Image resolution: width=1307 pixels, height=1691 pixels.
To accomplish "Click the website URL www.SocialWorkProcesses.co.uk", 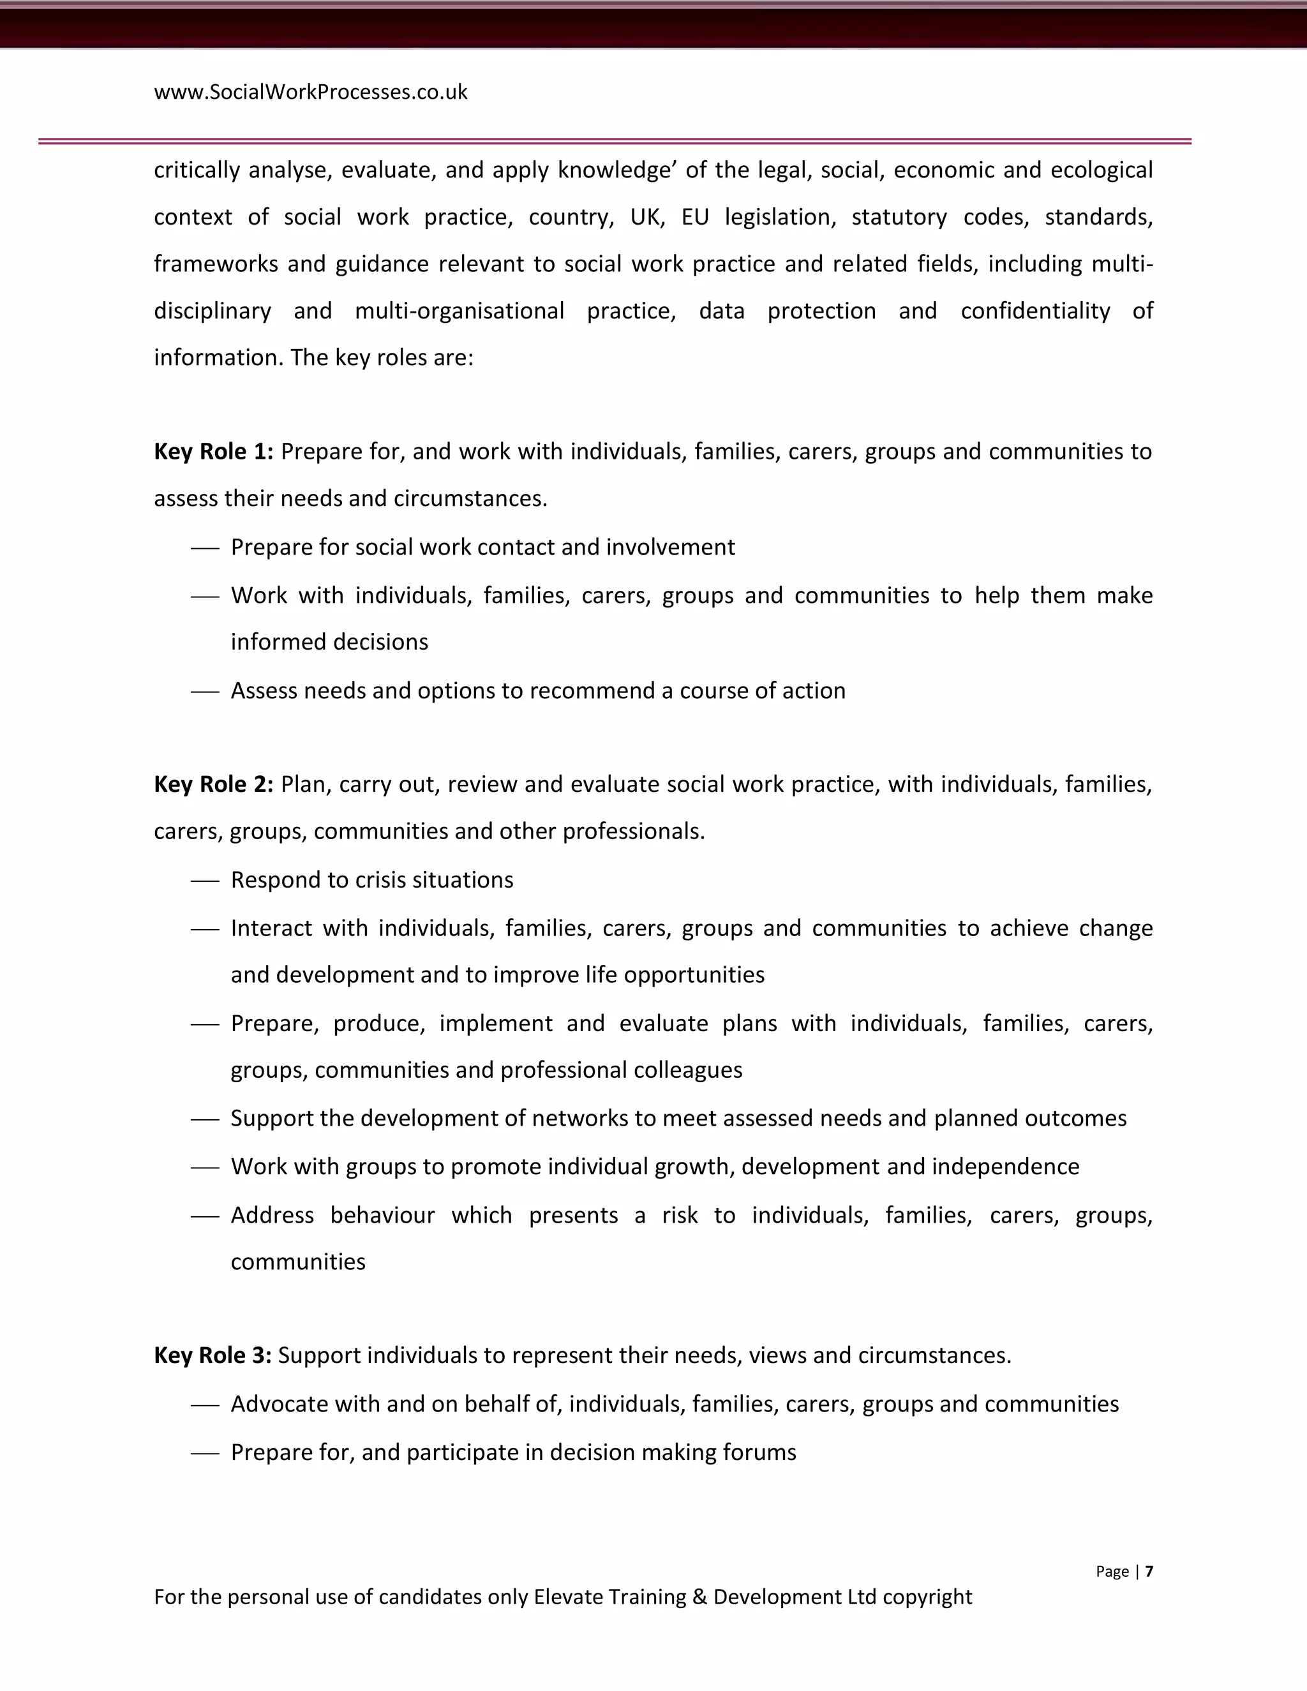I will pyautogui.click(x=311, y=92).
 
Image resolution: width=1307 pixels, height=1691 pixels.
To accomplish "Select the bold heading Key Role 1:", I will pyautogui.click(x=214, y=451).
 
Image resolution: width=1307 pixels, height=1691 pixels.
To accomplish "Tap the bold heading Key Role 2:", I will pyautogui.click(x=214, y=784).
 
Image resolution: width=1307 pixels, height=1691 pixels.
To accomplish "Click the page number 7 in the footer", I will pyautogui.click(x=1149, y=1571).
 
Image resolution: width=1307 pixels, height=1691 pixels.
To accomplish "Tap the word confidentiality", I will pyautogui.click(x=1035, y=311).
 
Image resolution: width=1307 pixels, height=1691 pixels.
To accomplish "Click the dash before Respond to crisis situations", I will pyautogui.click(x=205, y=881).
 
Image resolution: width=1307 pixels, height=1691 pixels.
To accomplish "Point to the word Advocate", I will pyautogui.click(x=279, y=1404).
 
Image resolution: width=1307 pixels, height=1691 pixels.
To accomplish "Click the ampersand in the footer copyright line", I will pyautogui.click(x=699, y=1597).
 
